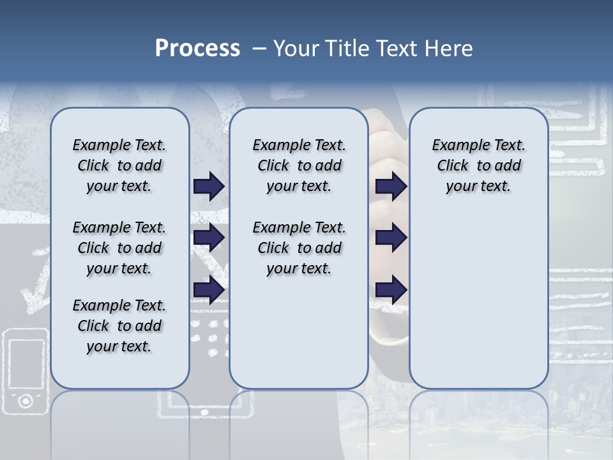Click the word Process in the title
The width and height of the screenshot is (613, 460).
point(197,49)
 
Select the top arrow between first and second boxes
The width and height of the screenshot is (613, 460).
point(209,186)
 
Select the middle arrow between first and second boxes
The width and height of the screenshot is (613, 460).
point(209,238)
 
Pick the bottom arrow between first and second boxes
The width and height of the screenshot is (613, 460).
point(209,289)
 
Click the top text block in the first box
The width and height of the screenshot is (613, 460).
point(119,165)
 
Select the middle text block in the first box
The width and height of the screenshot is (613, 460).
point(119,248)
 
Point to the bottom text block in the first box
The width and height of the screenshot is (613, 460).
point(119,326)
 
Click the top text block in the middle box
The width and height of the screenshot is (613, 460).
point(299,165)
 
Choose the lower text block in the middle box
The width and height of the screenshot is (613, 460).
point(299,248)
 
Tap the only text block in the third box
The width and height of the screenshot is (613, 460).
point(478,165)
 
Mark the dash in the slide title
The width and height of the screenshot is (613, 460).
point(259,49)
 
